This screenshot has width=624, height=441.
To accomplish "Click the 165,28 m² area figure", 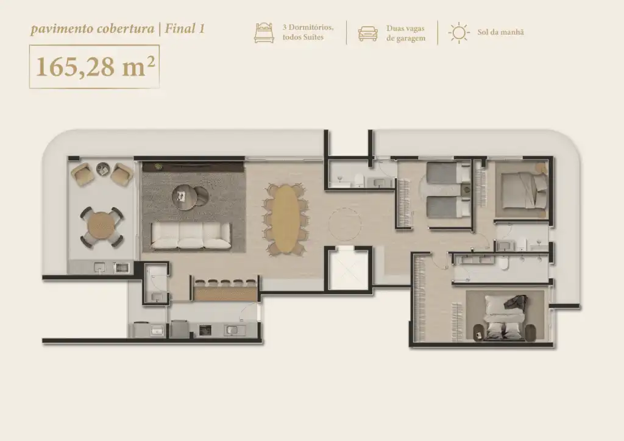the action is [95, 66].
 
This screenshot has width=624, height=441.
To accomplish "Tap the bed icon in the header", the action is [264, 33].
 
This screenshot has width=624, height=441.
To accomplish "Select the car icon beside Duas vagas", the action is [367, 34].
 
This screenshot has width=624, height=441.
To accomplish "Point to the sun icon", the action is [459, 33].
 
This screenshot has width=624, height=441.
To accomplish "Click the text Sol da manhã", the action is [501, 32].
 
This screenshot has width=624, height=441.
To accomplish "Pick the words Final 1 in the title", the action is [185, 29].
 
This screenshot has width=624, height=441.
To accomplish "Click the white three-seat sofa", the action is [191, 235].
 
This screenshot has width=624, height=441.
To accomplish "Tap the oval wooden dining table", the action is [285, 219].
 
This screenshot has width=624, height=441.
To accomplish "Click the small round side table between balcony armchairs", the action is [102, 169].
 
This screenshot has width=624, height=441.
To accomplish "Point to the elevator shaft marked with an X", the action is [348, 269].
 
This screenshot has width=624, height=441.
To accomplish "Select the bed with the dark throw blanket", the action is [505, 317].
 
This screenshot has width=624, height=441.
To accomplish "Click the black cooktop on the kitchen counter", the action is [205, 330].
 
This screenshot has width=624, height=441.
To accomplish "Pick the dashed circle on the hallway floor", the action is [345, 224].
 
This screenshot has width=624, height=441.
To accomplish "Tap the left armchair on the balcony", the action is [83, 175].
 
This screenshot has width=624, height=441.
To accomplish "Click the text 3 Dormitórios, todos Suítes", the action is [308, 32].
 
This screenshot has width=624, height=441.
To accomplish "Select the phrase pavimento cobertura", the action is [93, 29].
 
